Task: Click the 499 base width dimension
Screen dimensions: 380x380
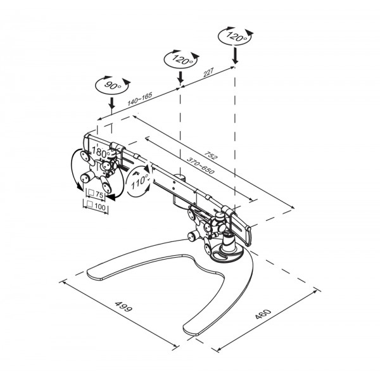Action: coord(123,307)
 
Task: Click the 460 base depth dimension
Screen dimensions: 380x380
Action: coord(263,314)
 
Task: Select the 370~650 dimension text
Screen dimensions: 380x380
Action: coord(200,166)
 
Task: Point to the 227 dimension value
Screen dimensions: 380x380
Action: coord(208,72)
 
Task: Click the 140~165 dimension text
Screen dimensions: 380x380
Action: coord(140,99)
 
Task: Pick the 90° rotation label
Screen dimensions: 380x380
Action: coord(113,85)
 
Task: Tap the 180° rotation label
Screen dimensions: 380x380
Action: coord(101,153)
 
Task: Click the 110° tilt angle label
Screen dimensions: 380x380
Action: coord(140,182)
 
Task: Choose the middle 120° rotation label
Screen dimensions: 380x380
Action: coord(182,59)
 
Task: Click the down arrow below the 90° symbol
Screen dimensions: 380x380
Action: coord(111,104)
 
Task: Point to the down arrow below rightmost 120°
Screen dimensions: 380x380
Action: coord(234,56)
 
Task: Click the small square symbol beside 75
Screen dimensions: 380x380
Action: coord(91,193)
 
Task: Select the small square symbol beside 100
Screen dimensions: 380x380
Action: coord(90,204)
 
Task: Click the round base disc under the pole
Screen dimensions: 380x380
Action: coord(228,256)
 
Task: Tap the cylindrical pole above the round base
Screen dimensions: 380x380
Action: coord(229,241)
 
